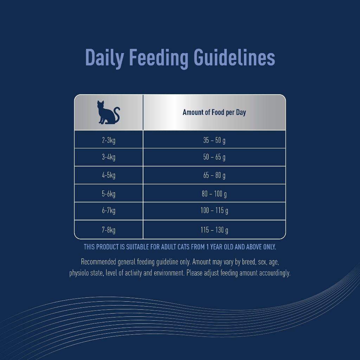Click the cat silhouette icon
pos(108,112)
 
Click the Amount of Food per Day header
pos(214,112)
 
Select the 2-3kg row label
pos(109,140)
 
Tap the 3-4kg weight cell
pos(109,157)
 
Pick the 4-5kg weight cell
pos(109,175)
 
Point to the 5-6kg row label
pos(109,194)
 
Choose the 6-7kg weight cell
pos(109,210)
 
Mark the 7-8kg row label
pos(109,230)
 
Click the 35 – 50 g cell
pos(214,140)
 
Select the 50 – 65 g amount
pos(214,157)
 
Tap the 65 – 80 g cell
pos(214,175)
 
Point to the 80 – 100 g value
pos(214,194)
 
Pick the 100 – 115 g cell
pos(214,210)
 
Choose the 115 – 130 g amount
pos(214,230)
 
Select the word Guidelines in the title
pos(234,57)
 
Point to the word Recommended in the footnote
pos(98,262)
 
